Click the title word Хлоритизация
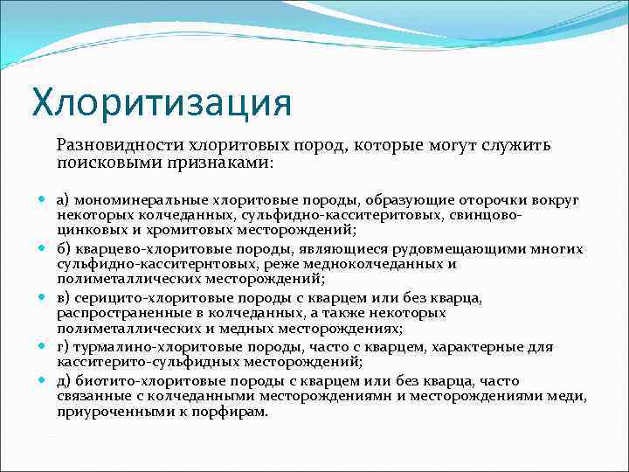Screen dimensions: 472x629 pyautogui.click(x=162, y=101)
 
